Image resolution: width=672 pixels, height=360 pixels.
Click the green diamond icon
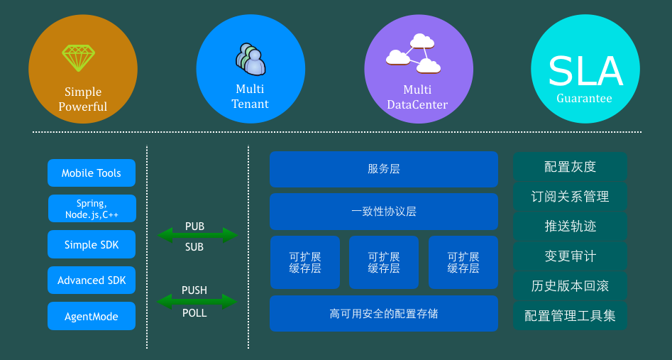click(x=78, y=58)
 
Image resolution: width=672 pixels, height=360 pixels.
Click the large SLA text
click(x=585, y=71)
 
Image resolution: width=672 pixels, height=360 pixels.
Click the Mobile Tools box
click(x=92, y=173)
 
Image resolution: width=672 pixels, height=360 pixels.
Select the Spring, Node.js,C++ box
click(x=92, y=209)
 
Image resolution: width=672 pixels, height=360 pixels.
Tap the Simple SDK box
click(x=92, y=245)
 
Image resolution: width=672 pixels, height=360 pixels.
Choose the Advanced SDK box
click(x=92, y=280)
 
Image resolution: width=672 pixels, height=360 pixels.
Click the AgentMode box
click(x=92, y=316)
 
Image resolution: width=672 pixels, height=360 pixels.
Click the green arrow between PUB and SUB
click(x=197, y=235)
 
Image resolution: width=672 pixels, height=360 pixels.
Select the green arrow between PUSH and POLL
click(x=197, y=302)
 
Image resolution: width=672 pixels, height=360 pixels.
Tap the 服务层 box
click(x=384, y=169)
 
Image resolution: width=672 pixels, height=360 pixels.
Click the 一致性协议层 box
click(x=384, y=212)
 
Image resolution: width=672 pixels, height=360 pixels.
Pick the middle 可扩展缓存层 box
click(x=384, y=262)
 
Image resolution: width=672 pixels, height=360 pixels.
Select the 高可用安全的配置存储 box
click(x=384, y=313)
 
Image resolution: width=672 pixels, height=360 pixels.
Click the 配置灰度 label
click(x=570, y=167)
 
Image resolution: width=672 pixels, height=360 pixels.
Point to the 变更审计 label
click(x=570, y=256)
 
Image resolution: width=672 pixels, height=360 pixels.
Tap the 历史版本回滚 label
click(x=570, y=286)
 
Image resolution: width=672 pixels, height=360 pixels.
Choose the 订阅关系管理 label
click(x=570, y=197)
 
